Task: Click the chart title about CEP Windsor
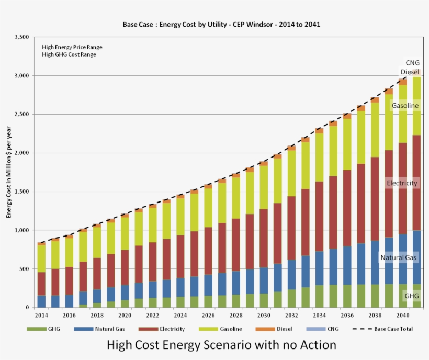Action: (221, 25)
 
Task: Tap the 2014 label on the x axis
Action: (41, 316)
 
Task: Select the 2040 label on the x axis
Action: (402, 316)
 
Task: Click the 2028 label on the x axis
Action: (235, 316)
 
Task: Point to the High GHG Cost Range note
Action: (69, 54)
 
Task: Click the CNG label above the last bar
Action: (412, 63)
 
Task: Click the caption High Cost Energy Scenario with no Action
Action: (221, 345)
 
